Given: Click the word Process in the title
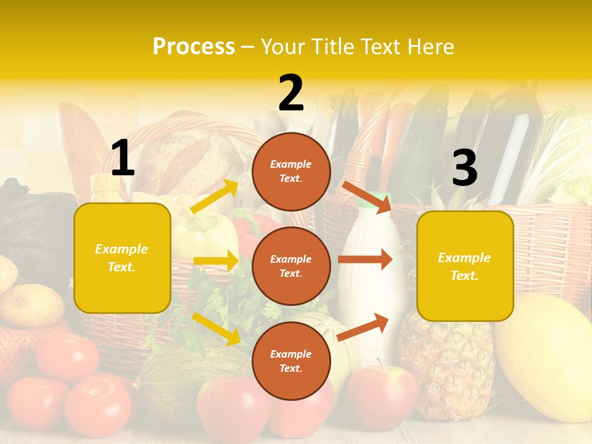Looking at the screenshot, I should point(194,47).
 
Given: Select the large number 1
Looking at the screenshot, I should point(123,158).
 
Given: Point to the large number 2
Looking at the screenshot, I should point(291,93).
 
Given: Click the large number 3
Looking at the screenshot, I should point(464,168).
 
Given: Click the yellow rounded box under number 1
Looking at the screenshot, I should point(122,258).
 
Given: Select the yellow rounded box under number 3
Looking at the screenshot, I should point(465,266).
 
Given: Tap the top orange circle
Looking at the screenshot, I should point(291,171).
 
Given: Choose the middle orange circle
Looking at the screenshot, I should point(291,266).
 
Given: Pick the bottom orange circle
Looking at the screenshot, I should point(291,361).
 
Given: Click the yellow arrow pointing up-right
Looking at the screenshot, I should point(215,196).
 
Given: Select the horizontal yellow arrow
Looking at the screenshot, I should point(216,261).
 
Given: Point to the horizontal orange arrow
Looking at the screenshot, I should point(365,259).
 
